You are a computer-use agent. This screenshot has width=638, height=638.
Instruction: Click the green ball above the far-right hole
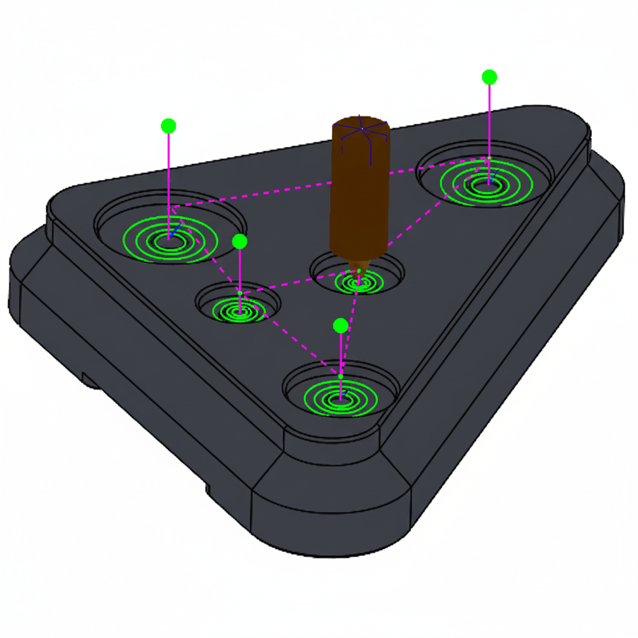(x=489, y=77)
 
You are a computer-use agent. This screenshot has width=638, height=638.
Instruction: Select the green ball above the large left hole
(x=168, y=126)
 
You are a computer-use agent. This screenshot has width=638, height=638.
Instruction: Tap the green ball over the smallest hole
(x=239, y=241)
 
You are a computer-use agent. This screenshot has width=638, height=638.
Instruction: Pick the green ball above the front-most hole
(x=340, y=325)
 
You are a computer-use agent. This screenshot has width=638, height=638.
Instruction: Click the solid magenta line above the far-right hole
(x=489, y=125)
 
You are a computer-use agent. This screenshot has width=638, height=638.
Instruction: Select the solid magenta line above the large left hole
(x=168, y=181)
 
